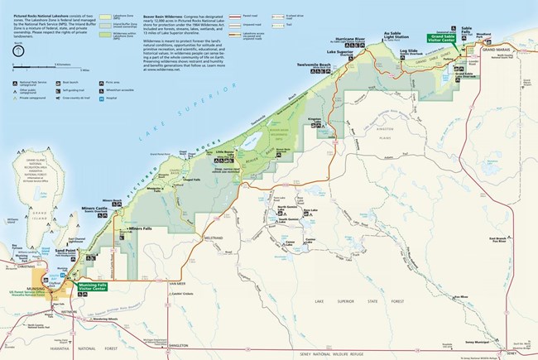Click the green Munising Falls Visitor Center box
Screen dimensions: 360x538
point(91,286)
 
